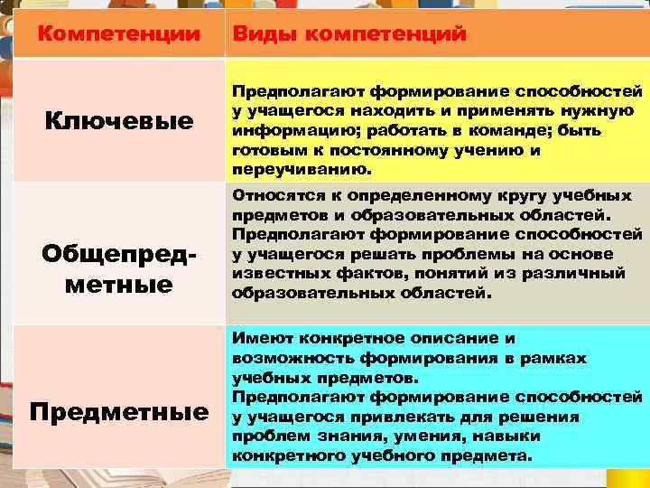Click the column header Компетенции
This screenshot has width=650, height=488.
pos(120,35)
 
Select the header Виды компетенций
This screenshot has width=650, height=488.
pos(349,35)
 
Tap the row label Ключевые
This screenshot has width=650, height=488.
pos(120,120)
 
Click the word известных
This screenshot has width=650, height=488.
pos(271,273)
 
